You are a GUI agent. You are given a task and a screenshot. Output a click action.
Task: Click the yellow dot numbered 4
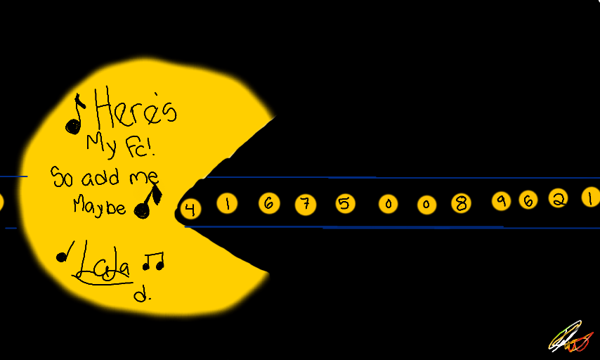(189, 209)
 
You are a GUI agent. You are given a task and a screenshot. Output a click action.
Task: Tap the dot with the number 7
(305, 205)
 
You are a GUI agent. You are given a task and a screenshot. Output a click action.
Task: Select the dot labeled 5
(344, 204)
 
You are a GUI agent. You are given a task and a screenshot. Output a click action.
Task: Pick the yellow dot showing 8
(461, 204)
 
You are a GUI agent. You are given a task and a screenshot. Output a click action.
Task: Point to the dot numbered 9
(501, 201)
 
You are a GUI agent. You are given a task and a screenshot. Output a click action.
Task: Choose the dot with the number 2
(557, 200)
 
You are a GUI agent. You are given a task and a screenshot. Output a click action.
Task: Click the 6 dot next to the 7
(268, 204)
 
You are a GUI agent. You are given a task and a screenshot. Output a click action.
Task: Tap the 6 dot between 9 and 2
(528, 200)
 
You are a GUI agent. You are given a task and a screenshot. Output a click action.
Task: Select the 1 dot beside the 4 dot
(228, 204)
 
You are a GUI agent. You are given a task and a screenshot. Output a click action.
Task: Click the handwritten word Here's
(136, 111)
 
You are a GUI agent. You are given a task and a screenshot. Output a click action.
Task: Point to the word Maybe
(100, 206)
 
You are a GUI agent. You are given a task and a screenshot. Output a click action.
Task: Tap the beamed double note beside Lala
(153, 262)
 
